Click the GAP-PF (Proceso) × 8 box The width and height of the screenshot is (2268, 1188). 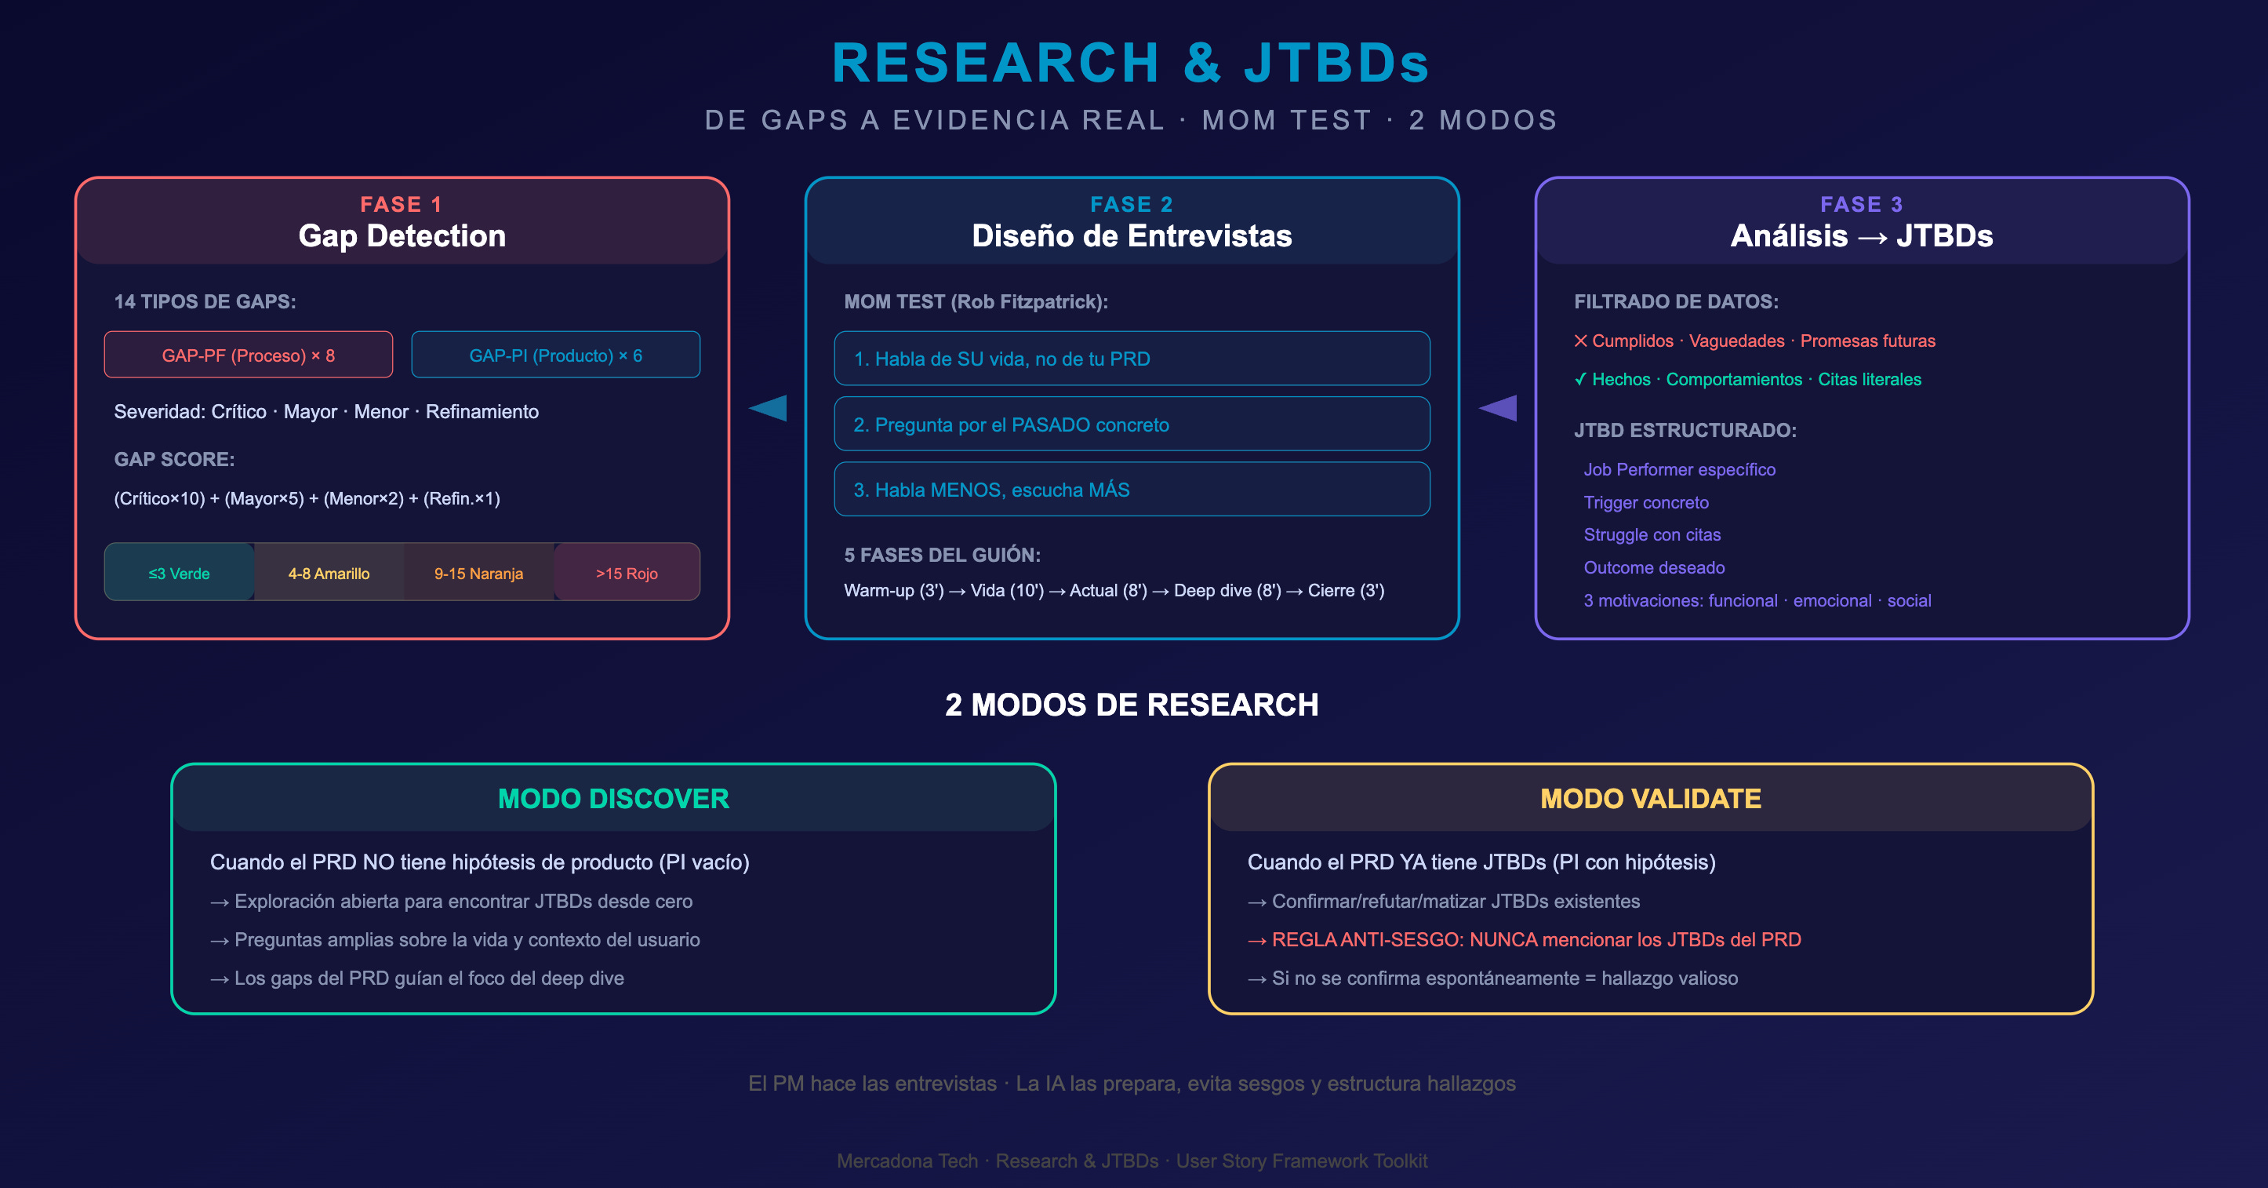click(249, 355)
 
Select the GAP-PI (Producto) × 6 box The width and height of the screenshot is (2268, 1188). click(555, 355)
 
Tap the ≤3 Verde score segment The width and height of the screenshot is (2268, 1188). click(179, 574)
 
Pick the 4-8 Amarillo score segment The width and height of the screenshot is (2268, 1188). click(329, 574)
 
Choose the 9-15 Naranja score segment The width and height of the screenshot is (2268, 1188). click(478, 574)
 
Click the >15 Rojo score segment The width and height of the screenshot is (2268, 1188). click(627, 574)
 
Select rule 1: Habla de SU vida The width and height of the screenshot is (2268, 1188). click(1132, 359)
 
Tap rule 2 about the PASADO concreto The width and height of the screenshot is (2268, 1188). click(1132, 425)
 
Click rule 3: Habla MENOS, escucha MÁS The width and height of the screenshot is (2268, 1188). click(1132, 490)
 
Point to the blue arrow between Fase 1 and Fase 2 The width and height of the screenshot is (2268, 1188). click(769, 408)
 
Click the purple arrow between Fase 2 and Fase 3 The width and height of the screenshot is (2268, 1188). click(1499, 408)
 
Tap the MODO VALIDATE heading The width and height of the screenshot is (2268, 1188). click(1651, 799)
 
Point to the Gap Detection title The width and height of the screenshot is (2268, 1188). click(402, 236)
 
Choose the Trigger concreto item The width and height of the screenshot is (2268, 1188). click(1645, 503)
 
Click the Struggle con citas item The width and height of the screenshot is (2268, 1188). click(1652, 534)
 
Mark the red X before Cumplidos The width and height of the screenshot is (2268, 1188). click(1580, 341)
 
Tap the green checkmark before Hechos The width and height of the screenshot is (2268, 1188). click(1580, 380)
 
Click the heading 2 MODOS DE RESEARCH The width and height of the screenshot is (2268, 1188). click(1132, 705)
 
